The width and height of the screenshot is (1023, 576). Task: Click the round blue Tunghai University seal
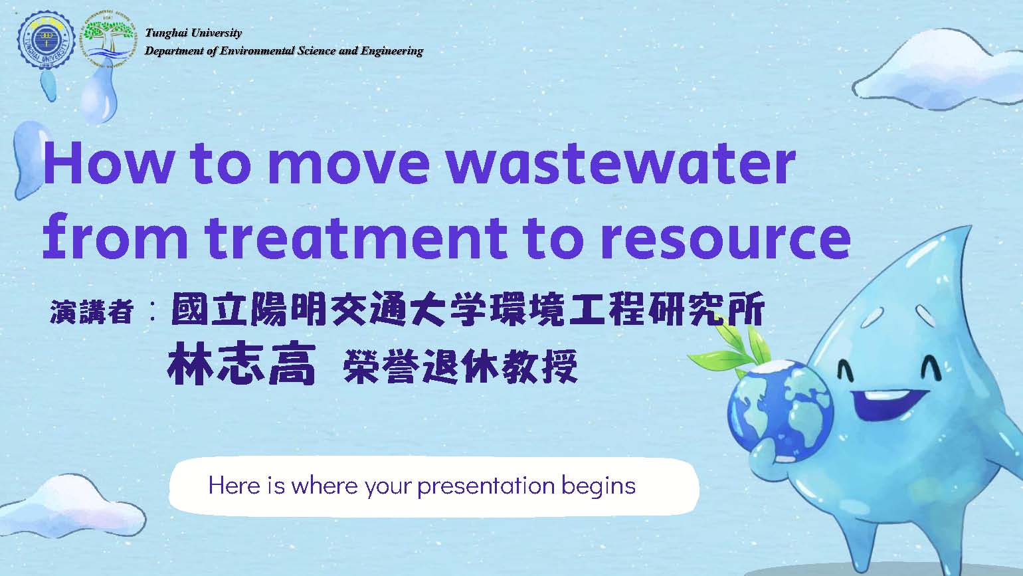pos(46,41)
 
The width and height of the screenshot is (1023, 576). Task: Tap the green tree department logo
pos(109,41)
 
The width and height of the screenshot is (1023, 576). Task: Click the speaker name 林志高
pos(241,363)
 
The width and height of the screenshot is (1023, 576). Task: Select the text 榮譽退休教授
pos(460,366)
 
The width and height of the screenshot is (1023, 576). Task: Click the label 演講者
pos(92,312)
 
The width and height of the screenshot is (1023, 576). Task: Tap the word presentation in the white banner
pos(486,486)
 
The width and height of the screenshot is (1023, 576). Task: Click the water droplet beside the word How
pos(30,160)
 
